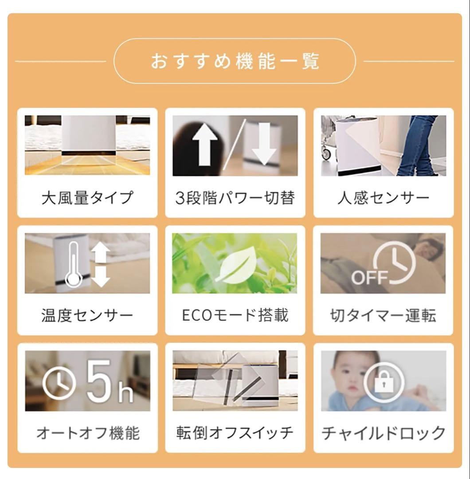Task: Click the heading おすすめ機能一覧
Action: (235, 61)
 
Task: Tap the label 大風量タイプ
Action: (87, 197)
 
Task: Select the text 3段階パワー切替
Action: (235, 197)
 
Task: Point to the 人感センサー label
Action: (383, 197)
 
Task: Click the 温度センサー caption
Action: (87, 315)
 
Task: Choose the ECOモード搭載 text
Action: (235, 315)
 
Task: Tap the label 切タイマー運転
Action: (383, 315)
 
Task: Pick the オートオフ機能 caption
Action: (87, 432)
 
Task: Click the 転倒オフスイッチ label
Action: (235, 432)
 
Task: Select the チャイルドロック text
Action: (383, 432)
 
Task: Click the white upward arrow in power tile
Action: (205, 145)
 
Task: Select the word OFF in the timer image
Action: (370, 278)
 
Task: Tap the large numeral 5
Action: (98, 381)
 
